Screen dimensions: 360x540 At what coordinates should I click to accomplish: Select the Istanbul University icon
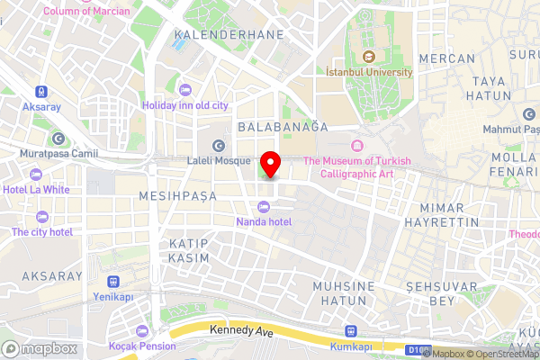click(x=368, y=57)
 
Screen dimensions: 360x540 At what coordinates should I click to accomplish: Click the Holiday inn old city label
click(x=192, y=105)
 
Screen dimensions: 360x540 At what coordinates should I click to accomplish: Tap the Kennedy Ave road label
click(x=240, y=331)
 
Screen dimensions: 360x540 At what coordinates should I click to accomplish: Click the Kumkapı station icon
click(x=350, y=330)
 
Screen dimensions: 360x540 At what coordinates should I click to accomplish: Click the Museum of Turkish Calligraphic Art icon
click(x=357, y=146)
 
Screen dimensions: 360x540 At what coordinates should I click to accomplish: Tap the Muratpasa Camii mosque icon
click(x=58, y=139)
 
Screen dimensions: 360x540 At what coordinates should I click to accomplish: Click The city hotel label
click(x=41, y=231)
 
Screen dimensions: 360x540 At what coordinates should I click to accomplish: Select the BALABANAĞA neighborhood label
click(x=283, y=128)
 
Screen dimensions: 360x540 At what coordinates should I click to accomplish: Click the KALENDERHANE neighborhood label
click(x=229, y=34)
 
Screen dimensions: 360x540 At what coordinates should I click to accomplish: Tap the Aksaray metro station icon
click(x=40, y=91)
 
